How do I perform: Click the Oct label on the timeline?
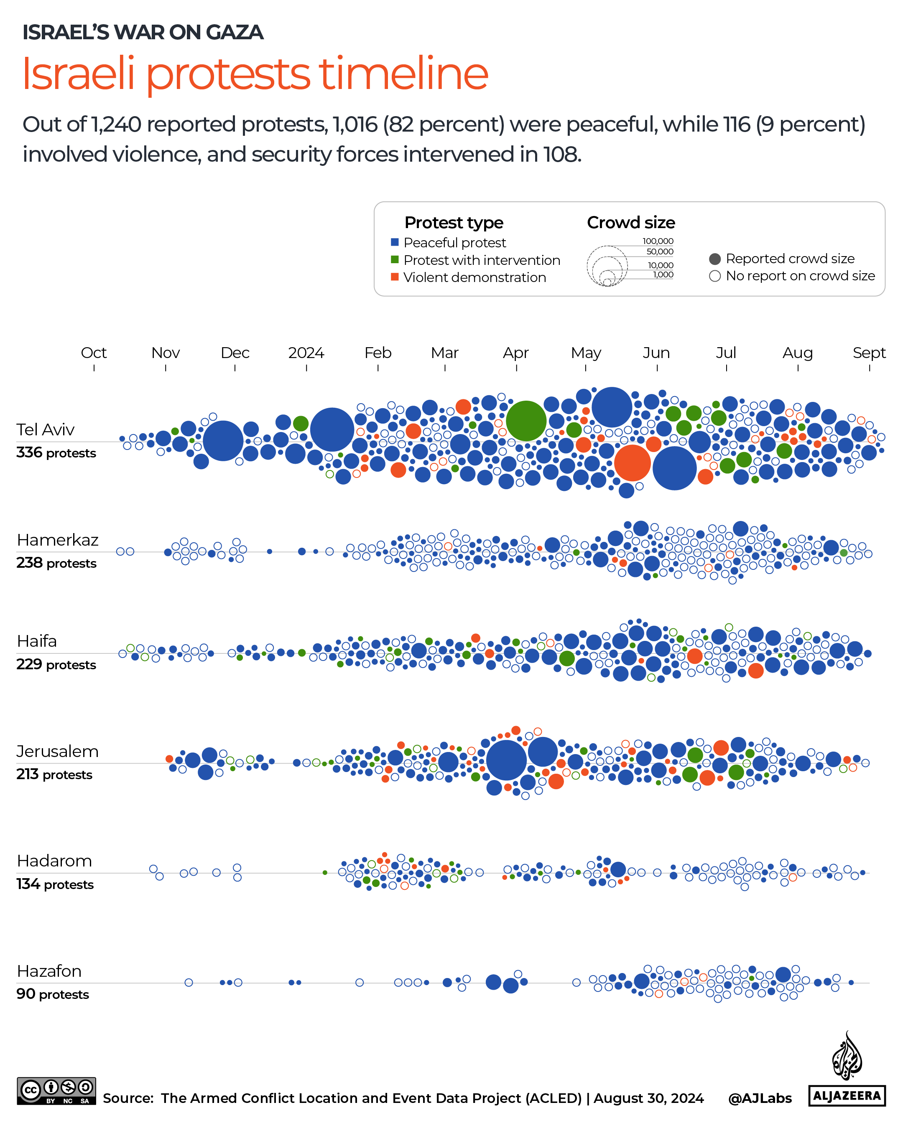94,353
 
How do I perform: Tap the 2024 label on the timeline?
306,353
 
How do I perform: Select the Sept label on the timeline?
869,353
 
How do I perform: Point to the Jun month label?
656,353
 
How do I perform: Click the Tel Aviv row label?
46,429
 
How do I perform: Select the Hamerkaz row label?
58,540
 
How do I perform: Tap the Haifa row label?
37,641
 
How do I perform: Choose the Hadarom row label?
54,861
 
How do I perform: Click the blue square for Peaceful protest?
395,242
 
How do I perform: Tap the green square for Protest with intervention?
395,259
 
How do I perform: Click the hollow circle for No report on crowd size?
714,276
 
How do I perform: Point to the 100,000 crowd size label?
658,241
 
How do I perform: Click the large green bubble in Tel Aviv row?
526,421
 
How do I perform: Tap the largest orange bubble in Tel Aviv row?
633,462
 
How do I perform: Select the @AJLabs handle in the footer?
760,1098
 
